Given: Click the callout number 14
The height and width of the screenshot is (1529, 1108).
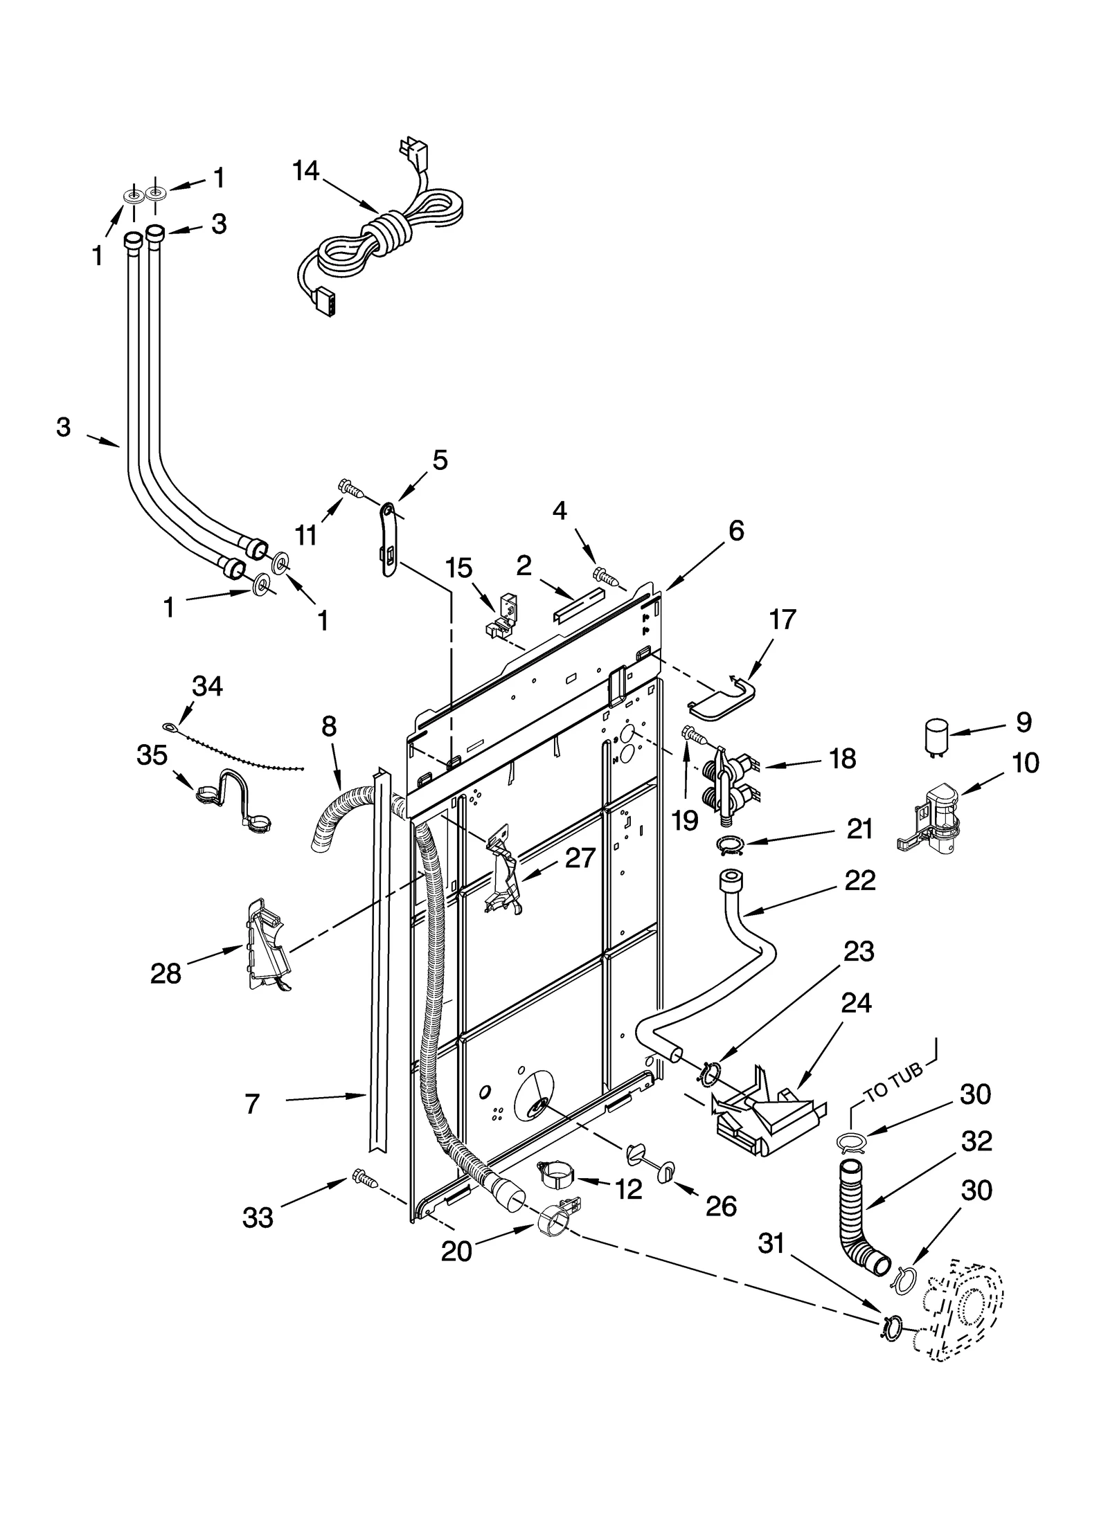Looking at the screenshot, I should pos(305,171).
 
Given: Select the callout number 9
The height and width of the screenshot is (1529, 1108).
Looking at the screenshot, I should pos(1024,722).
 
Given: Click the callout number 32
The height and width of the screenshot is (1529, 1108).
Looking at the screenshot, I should pos(976,1141).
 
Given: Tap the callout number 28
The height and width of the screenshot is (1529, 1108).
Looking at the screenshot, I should pos(166,974).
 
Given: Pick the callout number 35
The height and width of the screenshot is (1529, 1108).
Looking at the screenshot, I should pos(152,755).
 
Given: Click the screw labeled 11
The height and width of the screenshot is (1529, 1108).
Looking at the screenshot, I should pos(351,489).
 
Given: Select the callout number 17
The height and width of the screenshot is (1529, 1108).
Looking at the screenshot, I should pos(782,619).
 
